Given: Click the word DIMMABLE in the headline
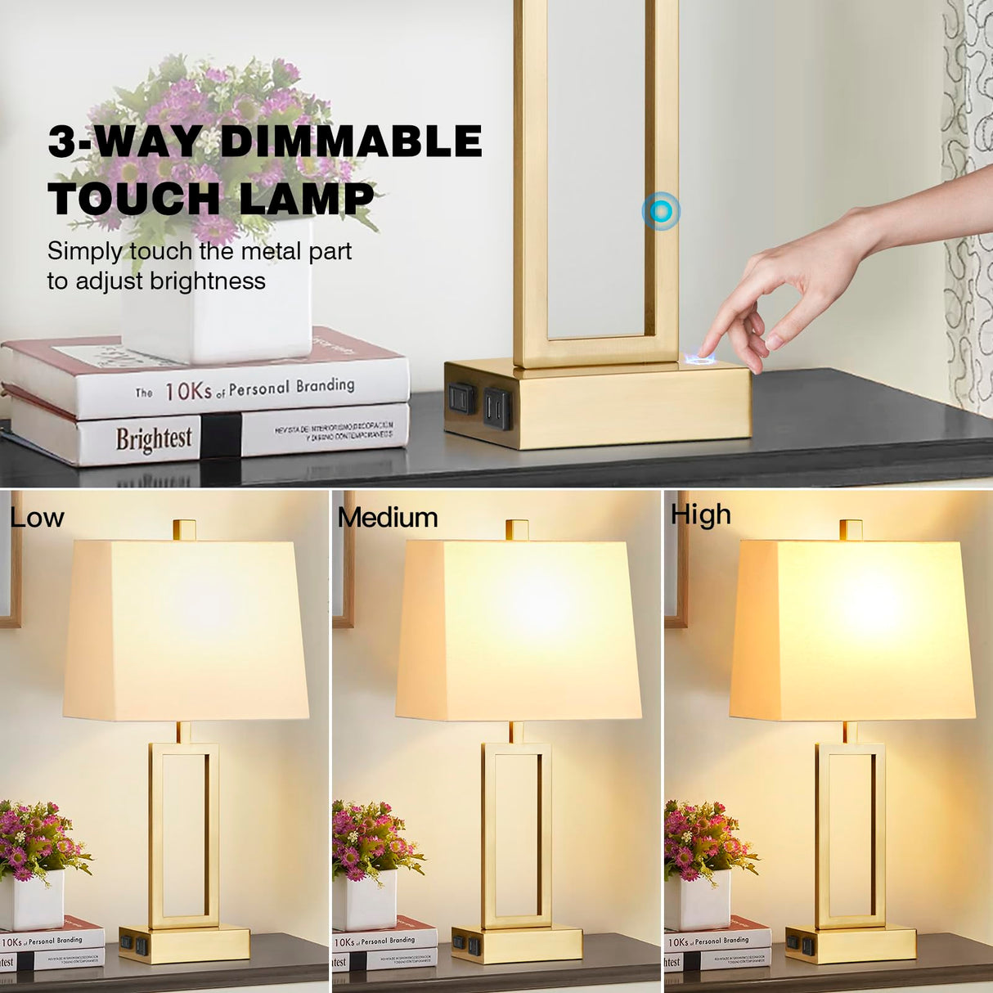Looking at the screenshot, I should [352, 142].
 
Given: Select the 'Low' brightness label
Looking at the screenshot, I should [37, 518].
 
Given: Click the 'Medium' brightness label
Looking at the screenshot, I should [388, 518].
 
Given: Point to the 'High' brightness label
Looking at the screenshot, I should [701, 515].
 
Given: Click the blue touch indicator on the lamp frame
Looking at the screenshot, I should [661, 212].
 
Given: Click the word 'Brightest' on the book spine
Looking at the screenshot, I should [154, 439].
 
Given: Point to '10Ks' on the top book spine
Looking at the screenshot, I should [188, 391].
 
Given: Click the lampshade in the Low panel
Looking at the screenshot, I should [186, 630].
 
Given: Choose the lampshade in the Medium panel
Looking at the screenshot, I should [519, 630].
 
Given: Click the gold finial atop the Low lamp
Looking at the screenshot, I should [185, 529].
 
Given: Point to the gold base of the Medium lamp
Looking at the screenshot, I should [517, 944].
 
